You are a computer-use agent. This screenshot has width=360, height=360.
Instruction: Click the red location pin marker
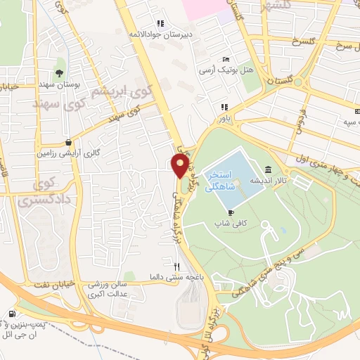click(x=180, y=166)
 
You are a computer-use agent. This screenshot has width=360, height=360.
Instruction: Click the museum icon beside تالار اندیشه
click(x=269, y=169)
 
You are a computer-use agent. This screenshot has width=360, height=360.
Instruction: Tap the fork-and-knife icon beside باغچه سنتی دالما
click(x=177, y=267)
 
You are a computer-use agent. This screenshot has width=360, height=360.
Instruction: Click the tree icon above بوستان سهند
click(x=59, y=73)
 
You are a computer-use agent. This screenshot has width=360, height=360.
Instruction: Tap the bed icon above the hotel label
click(x=225, y=59)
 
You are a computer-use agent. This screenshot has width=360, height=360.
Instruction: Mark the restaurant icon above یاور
click(x=224, y=107)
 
